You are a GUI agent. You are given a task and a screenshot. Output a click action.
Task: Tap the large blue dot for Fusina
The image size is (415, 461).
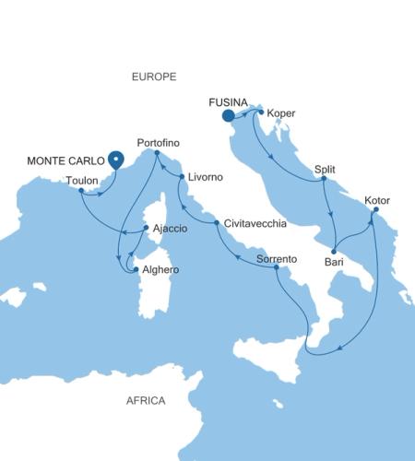[228, 115]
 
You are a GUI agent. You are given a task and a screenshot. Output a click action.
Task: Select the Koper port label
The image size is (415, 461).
[280, 112]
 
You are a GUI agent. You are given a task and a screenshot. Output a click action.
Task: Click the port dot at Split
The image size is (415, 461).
[325, 179]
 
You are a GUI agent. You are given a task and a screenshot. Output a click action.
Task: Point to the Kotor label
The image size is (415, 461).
[377, 199]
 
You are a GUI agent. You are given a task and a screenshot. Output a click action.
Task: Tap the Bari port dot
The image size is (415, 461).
[333, 250]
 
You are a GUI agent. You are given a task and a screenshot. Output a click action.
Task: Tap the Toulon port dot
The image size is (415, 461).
[81, 192]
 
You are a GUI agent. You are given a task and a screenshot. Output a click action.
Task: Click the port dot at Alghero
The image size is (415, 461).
[136, 269]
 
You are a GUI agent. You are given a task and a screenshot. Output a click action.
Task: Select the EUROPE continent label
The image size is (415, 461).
[154, 77]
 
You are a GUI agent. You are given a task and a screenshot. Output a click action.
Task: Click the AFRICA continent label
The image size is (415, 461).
[146, 400]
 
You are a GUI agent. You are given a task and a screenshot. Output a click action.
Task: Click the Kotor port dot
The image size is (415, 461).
[375, 210]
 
